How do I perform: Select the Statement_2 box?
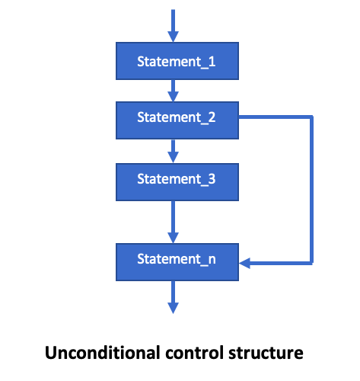[x=176, y=118]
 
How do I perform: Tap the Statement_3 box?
[x=176, y=179]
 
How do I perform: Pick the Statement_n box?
[x=176, y=260]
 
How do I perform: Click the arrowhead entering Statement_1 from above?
[x=174, y=37]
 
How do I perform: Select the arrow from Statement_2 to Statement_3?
[x=174, y=149]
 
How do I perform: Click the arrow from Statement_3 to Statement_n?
[x=174, y=220]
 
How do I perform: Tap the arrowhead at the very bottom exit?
[x=174, y=307]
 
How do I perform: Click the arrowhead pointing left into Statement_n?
[x=245, y=264]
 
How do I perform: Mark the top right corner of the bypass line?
[x=311, y=117]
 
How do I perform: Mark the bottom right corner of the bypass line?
[x=311, y=264]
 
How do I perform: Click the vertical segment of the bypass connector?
[x=311, y=190]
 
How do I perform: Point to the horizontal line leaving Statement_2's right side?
[x=274, y=117]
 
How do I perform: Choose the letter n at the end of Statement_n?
[x=211, y=260]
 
